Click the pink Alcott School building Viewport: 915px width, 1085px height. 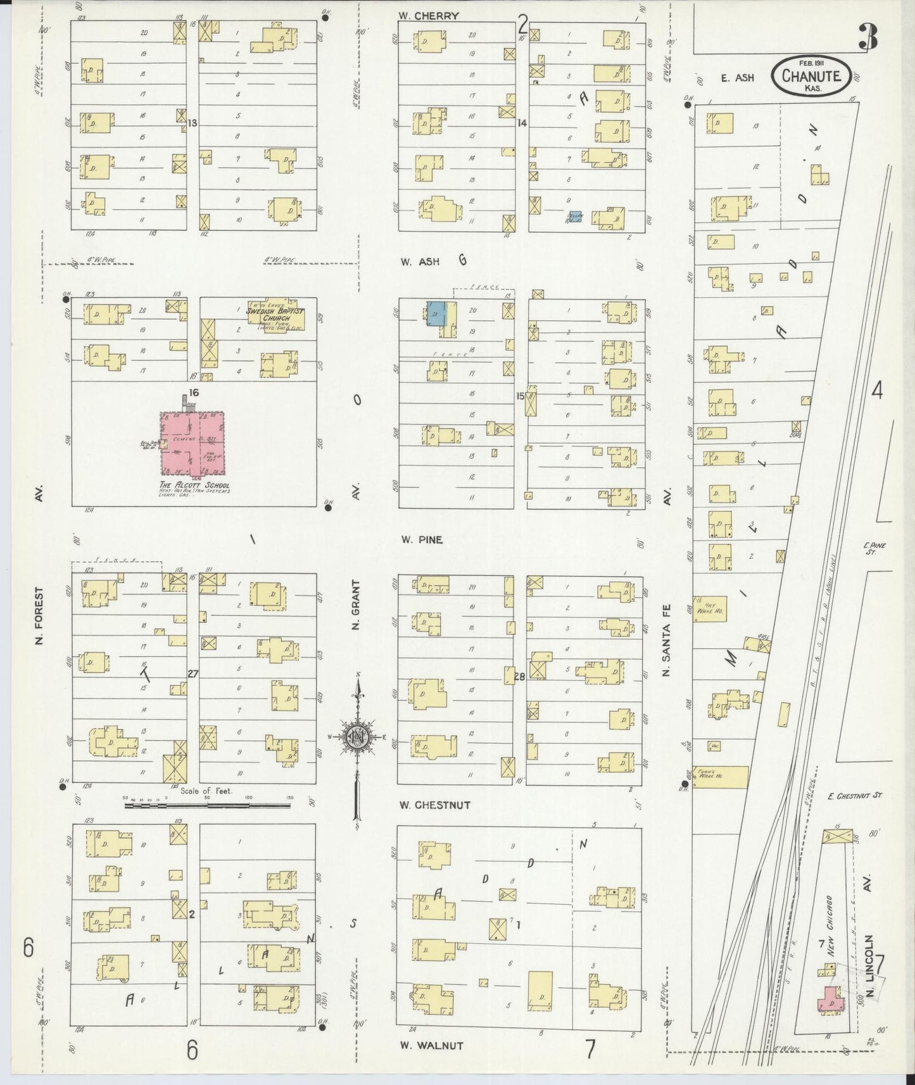click(x=192, y=443)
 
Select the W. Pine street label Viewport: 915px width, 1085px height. click(x=421, y=540)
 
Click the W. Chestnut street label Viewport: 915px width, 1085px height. click(x=434, y=805)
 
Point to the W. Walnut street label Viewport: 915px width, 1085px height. click(x=431, y=1046)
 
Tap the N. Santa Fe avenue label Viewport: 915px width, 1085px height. click(x=666, y=639)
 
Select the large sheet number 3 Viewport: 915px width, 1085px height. click(x=868, y=39)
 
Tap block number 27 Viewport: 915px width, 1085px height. click(x=193, y=674)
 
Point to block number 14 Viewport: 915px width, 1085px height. click(x=521, y=123)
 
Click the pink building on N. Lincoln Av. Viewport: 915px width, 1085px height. click(x=830, y=1001)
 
